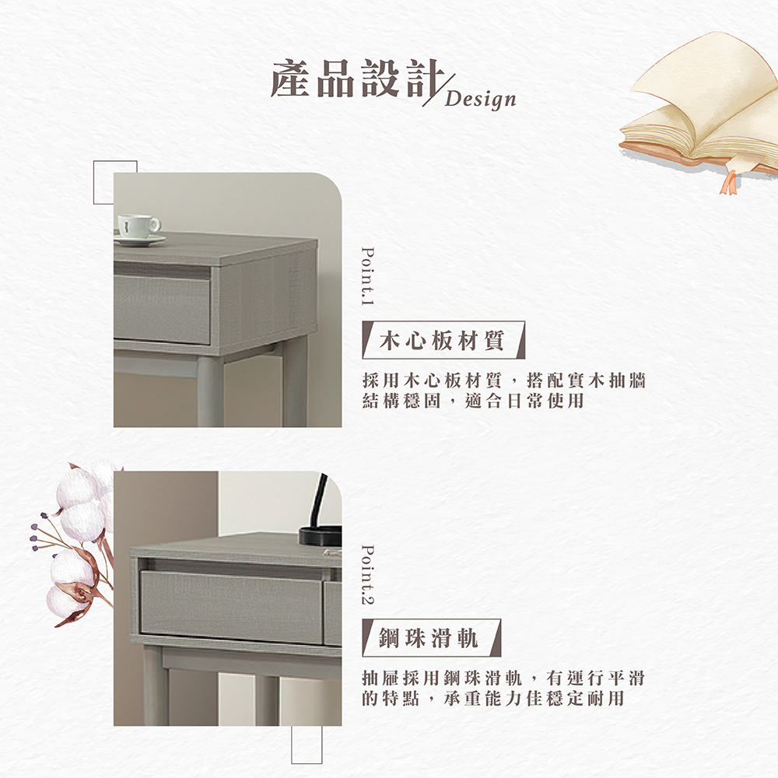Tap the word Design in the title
[x=482, y=100]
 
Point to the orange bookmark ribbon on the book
[x=729, y=181]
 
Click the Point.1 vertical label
[x=369, y=277]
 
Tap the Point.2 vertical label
[x=369, y=573]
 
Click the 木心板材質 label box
[x=443, y=340]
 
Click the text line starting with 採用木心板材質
[x=504, y=380]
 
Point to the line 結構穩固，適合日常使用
[x=473, y=401]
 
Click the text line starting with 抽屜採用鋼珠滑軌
[x=504, y=678]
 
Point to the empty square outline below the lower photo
[x=307, y=745]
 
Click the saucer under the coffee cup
[x=139, y=240]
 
